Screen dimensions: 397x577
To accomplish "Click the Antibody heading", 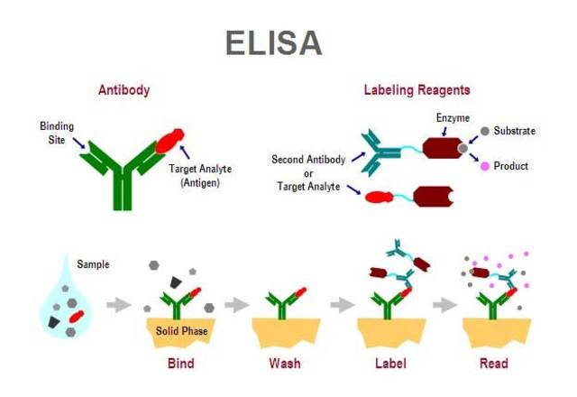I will pos(124,90).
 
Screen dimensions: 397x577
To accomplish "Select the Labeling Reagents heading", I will pos(417,90).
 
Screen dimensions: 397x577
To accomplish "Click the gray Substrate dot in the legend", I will pos(484,131).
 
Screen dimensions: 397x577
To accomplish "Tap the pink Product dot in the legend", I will pos(484,166).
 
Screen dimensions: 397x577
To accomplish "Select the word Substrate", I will pos(515,131).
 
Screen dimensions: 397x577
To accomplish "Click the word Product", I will pos(511,166).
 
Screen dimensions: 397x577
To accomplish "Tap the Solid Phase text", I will pos(180,331).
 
